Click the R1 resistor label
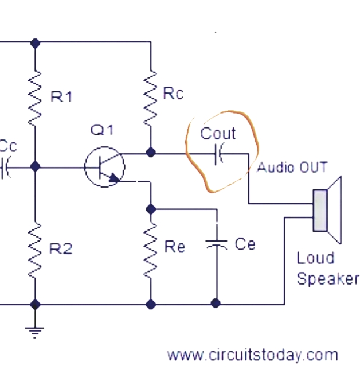(61, 96)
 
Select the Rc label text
(173, 94)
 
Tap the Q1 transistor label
(102, 130)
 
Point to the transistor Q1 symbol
(104, 167)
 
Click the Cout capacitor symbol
(219, 154)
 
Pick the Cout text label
(218, 133)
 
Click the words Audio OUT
(292, 167)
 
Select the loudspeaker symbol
(327, 210)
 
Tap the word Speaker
(328, 279)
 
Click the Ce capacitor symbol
(217, 244)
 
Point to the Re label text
(174, 247)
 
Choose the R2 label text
(61, 248)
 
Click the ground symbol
(35, 333)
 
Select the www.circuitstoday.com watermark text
(252, 355)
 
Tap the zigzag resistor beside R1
(35, 98)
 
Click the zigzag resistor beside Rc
(150, 98)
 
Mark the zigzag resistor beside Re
(150, 250)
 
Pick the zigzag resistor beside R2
(35, 250)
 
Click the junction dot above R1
(35, 43)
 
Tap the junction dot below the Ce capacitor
(216, 303)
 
